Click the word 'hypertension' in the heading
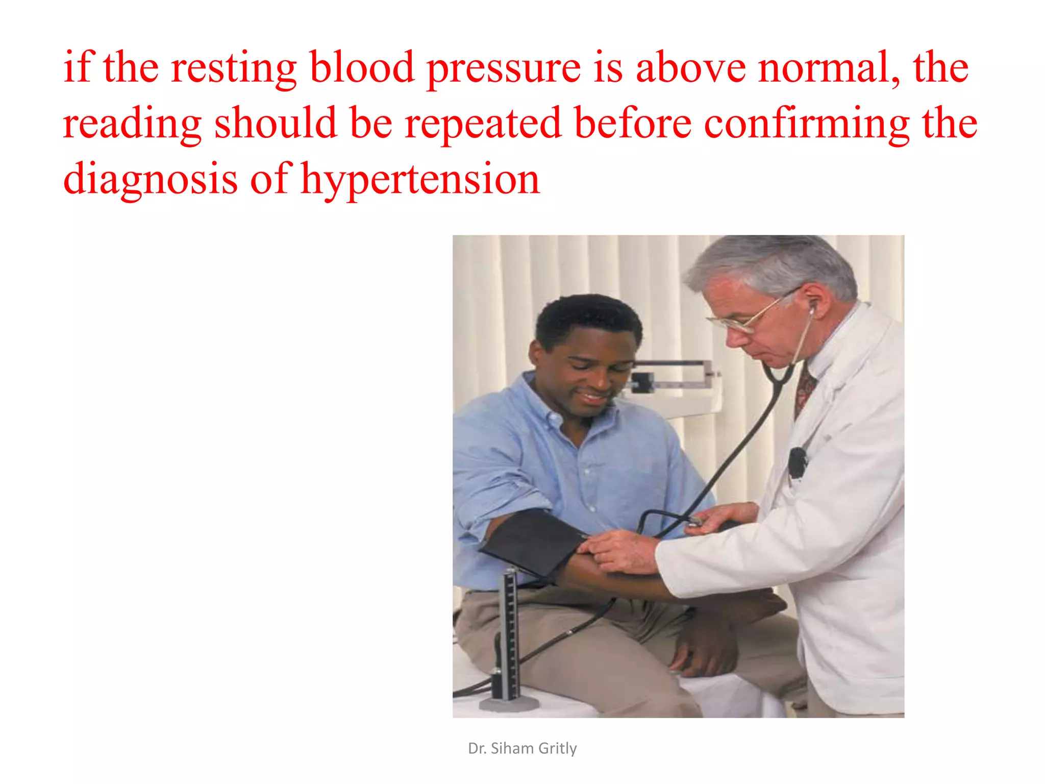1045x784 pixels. pos(420,180)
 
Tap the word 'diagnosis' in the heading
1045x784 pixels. pos(150,180)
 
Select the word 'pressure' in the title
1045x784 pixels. pos(503,68)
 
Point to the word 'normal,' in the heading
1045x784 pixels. pos(829,68)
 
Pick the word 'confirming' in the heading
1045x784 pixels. pos(806,124)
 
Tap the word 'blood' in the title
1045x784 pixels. pos(362,68)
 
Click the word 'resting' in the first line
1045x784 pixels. pos(233,68)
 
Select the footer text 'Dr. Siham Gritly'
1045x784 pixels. pos(522,748)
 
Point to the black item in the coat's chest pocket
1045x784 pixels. pos(796,462)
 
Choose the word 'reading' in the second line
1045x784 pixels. pos(132,124)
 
